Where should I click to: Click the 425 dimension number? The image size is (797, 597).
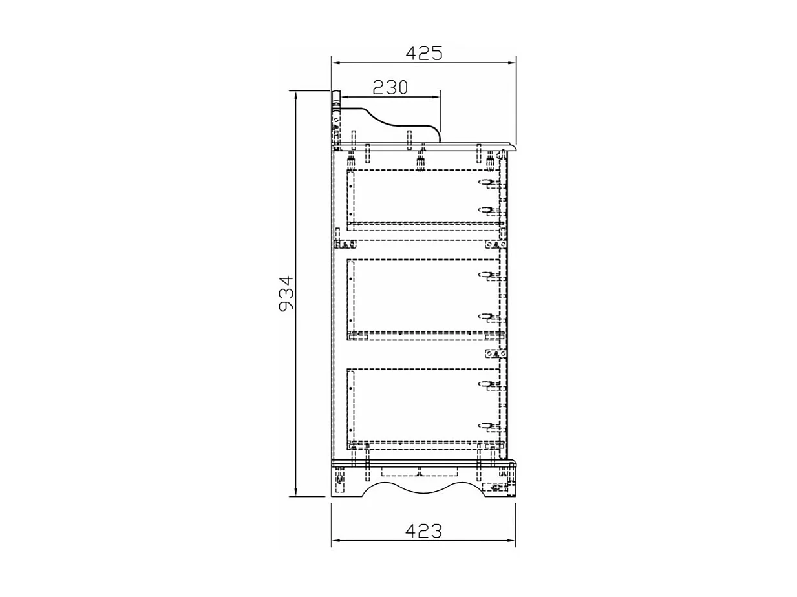(424, 53)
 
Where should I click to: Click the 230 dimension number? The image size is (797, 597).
(390, 87)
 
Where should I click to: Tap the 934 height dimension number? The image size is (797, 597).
(286, 293)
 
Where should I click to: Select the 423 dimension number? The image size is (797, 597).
(423, 531)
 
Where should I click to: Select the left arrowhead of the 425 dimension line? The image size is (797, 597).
(335, 63)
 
